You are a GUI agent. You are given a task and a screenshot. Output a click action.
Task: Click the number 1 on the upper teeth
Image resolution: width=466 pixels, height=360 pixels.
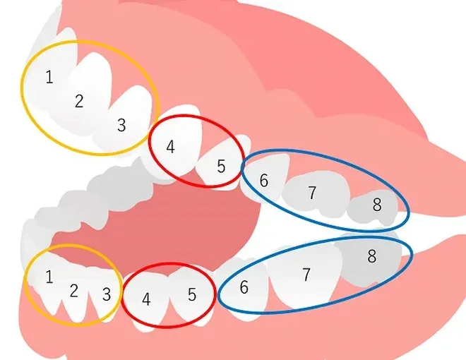pyautogui.click(x=49, y=77)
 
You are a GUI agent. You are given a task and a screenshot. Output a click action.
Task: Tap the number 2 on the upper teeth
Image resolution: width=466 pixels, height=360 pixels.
pyautogui.click(x=79, y=101)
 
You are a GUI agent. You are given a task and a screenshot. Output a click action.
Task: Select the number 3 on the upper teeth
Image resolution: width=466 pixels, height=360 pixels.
pyautogui.click(x=121, y=125)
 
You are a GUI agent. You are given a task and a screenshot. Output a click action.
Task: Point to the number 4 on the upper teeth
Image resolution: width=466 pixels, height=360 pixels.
pyautogui.click(x=170, y=147)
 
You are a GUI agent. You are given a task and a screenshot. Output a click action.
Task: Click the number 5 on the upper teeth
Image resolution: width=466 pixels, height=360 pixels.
pyautogui.click(x=221, y=167)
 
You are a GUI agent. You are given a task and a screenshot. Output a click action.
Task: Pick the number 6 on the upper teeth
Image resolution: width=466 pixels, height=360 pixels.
pyautogui.click(x=263, y=180)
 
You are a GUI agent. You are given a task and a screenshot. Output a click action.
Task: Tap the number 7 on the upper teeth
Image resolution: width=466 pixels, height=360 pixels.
pyautogui.click(x=312, y=193)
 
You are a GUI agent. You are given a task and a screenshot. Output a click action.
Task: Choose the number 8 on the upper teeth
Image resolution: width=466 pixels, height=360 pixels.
pyautogui.click(x=377, y=205)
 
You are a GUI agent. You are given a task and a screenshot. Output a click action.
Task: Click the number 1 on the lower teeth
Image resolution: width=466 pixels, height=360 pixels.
pyautogui.click(x=49, y=277)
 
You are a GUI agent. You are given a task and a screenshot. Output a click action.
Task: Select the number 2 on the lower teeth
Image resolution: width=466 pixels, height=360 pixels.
pyautogui.click(x=74, y=291)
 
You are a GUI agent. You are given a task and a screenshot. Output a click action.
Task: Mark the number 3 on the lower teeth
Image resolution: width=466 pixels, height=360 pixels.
pyautogui.click(x=107, y=294)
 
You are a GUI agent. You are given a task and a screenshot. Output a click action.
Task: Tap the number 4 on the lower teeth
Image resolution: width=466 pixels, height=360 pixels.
pyautogui.click(x=146, y=299)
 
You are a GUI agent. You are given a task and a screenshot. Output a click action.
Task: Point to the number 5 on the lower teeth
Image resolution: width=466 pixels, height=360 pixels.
pyautogui.click(x=192, y=295)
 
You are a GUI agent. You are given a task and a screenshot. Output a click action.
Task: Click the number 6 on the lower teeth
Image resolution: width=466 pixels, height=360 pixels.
pyautogui.click(x=244, y=287)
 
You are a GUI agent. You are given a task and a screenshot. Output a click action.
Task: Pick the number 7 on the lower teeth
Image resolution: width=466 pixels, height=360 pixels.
pyautogui.click(x=306, y=275)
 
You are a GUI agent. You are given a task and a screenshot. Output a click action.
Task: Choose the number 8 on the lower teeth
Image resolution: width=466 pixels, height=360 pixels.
pyautogui.click(x=372, y=256)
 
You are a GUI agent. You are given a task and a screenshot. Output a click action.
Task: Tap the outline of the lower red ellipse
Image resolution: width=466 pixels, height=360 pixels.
pyautogui.click(x=168, y=327)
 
